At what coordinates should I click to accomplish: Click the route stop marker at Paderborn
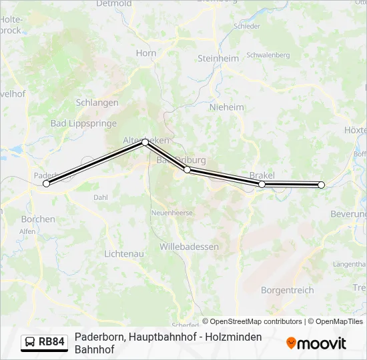[46, 183]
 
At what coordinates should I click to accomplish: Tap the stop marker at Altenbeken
[145, 142]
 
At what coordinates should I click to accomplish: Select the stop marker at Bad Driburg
[188, 170]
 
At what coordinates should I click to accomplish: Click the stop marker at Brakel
[262, 184]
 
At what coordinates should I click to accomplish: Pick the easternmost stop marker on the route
[322, 185]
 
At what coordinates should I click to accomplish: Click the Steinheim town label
[218, 58]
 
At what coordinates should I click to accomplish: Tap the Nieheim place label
[226, 107]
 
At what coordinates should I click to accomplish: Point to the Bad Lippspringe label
[83, 123]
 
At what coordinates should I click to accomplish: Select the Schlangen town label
[97, 103]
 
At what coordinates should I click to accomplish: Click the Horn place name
[146, 53]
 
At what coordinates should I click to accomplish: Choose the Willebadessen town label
[189, 247]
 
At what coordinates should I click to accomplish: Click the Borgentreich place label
[287, 290]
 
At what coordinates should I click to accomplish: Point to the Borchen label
[38, 219]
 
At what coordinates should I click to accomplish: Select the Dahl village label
[101, 197]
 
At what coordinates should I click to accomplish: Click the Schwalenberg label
[268, 55]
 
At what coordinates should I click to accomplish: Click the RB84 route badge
[45, 343]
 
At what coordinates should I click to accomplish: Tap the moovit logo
[316, 343]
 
